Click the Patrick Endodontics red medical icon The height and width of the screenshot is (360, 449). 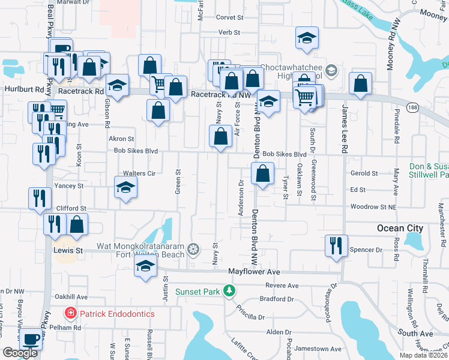[70, 314]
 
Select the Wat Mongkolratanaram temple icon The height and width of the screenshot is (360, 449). [193, 248]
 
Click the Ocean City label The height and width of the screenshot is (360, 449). [400, 228]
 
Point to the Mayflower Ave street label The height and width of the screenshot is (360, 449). [254, 272]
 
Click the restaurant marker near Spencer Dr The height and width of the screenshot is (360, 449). [336, 245]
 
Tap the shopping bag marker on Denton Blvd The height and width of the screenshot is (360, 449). [262, 174]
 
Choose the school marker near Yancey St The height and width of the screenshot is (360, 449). [125, 187]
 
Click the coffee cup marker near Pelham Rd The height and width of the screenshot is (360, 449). [31, 339]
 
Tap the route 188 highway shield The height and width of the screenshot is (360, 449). [411, 107]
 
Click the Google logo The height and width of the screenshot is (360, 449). [20, 353]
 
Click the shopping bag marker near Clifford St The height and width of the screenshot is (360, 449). [77, 225]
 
